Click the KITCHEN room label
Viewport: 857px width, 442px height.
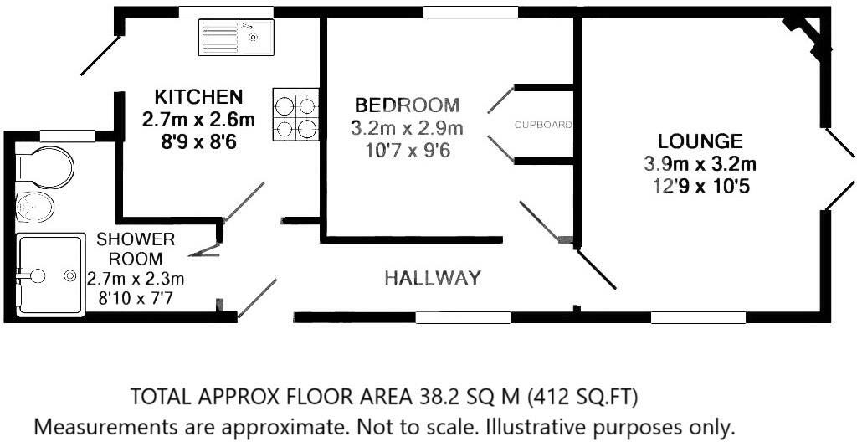tap(198, 97)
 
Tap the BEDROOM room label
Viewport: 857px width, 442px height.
tap(408, 105)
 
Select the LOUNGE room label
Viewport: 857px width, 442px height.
tap(700, 141)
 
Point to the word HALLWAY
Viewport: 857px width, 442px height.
tap(433, 278)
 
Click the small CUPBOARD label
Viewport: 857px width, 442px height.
tap(543, 125)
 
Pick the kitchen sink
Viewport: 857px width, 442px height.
tap(236, 37)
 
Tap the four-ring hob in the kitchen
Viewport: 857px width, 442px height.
tap(295, 116)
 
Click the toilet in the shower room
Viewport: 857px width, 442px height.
tap(44, 163)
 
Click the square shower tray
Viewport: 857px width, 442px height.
tap(50, 275)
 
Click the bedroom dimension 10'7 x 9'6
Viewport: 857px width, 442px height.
tap(408, 150)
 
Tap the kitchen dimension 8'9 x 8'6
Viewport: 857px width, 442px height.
tap(198, 142)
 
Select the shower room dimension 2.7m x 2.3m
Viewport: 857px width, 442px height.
tap(136, 279)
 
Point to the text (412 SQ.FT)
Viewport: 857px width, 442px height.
tap(582, 397)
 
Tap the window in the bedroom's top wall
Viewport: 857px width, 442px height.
tap(470, 12)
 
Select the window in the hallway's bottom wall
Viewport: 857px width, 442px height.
tap(463, 317)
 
